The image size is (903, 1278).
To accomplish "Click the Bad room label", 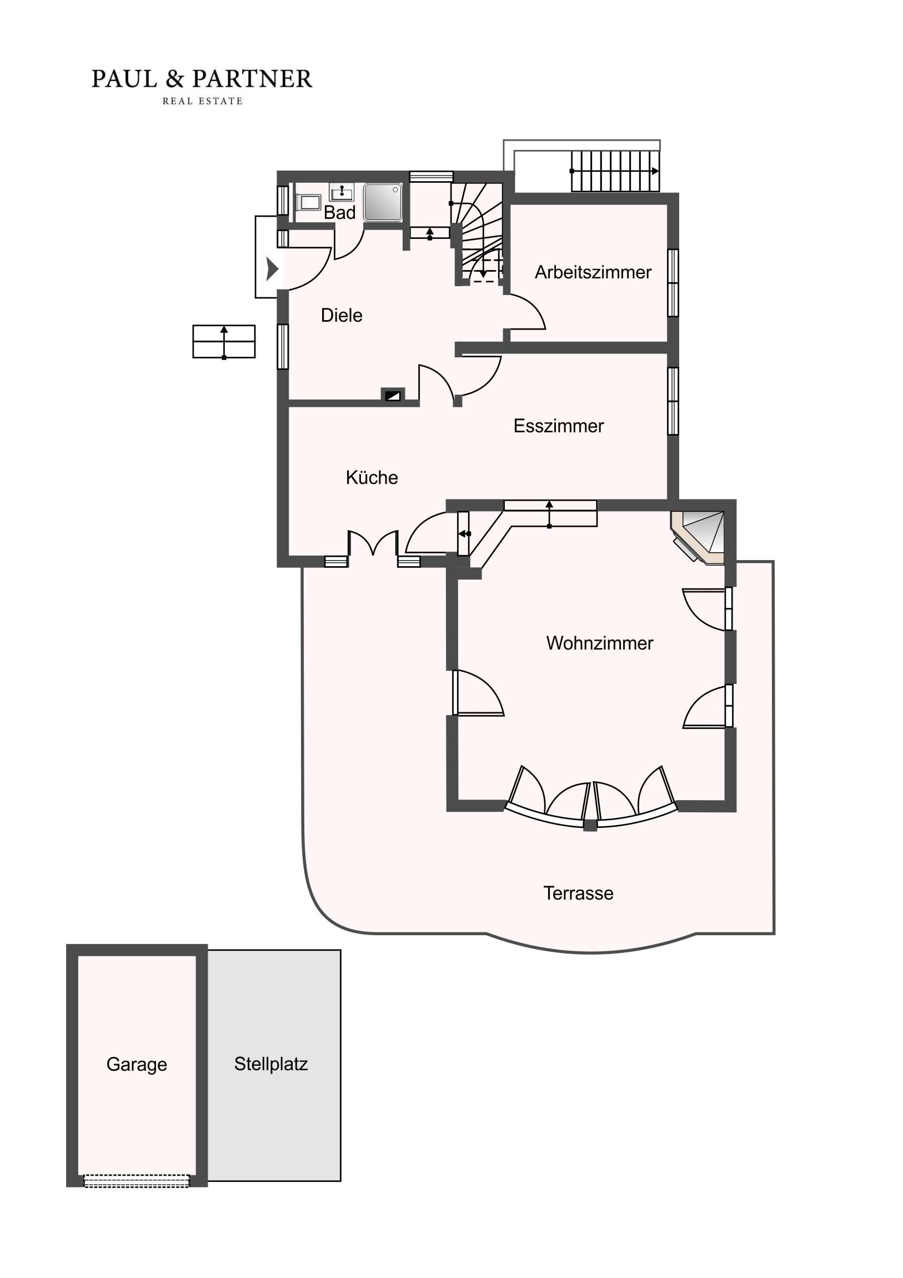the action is (339, 213).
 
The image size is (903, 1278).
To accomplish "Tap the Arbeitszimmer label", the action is (593, 272).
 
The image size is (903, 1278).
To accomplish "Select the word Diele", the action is (342, 316).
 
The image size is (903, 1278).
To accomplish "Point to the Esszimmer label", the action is (558, 426).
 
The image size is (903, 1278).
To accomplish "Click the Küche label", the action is (372, 477).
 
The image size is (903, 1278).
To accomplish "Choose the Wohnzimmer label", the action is (599, 643).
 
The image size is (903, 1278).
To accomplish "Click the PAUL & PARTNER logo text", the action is (202, 79).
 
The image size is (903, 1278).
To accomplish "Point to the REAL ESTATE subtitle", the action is (203, 101).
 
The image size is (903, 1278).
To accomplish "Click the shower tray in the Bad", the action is (383, 202).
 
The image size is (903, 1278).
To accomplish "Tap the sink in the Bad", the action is (342, 192).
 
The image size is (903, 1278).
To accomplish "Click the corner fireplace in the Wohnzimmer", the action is (699, 537).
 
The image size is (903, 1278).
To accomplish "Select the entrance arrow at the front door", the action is (272, 269).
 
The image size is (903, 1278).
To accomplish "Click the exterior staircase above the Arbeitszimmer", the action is (615, 172).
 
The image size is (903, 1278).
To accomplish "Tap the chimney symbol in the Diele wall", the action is (393, 395).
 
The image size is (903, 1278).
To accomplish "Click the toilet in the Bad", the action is (308, 202).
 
